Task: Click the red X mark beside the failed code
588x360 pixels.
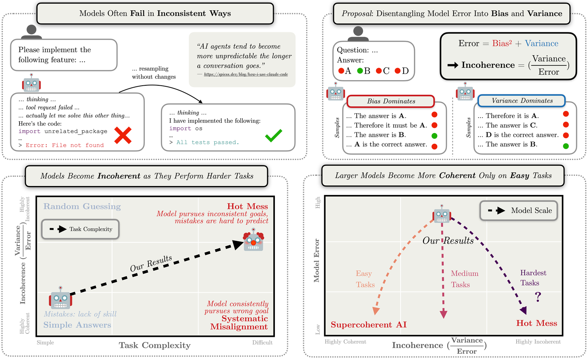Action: pos(123,135)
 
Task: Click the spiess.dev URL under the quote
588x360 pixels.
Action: pos(245,74)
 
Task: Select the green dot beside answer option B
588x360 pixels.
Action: pos(360,71)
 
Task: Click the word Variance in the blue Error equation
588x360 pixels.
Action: pos(541,43)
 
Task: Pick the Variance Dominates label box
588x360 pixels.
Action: pos(521,101)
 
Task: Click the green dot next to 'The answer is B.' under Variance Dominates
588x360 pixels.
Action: pos(566,146)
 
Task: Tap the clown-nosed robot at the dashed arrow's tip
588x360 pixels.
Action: pos(254,240)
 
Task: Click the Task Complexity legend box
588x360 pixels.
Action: pos(80,229)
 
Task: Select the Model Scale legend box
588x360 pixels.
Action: pos(519,211)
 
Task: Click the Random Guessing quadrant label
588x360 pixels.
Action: pos(82,206)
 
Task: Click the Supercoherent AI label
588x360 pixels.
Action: pos(368,325)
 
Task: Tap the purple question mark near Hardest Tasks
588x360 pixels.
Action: pos(538,296)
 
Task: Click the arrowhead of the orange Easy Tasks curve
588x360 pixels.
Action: pos(376,311)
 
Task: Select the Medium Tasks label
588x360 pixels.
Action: pos(464,279)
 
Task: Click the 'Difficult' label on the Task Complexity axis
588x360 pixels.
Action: pos(262,342)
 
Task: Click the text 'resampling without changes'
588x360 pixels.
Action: pos(154,73)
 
